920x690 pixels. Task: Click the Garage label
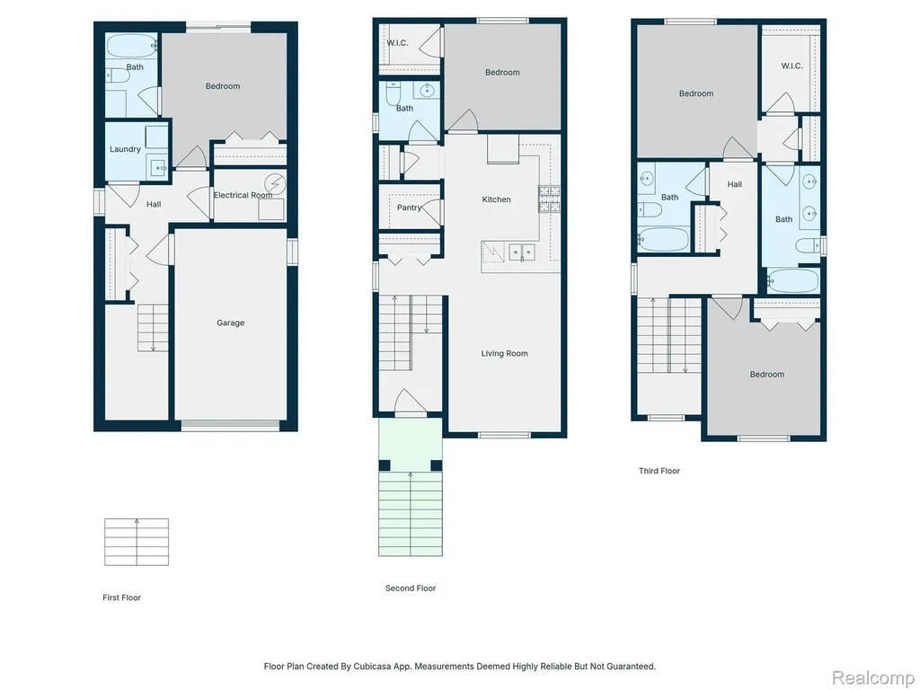click(x=231, y=323)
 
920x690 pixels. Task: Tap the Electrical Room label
click(x=243, y=195)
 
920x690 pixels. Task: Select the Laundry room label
click(x=125, y=149)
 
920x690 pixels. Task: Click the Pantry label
click(x=409, y=208)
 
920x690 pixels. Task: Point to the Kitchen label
click(x=496, y=199)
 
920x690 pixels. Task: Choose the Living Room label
click(x=505, y=353)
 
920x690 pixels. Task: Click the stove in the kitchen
click(x=549, y=199)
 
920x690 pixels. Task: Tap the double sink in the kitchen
click(x=522, y=252)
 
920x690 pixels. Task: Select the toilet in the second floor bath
click(x=394, y=93)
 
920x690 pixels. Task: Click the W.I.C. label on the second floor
click(x=397, y=43)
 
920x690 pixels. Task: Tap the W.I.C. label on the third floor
click(x=792, y=66)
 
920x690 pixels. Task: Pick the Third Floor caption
click(x=659, y=471)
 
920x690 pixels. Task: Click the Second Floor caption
click(x=411, y=588)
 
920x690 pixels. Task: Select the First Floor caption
click(x=122, y=597)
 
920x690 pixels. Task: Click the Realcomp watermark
click(x=873, y=677)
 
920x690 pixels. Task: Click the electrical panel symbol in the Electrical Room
click(x=275, y=183)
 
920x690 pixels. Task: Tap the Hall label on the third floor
click(x=735, y=184)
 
